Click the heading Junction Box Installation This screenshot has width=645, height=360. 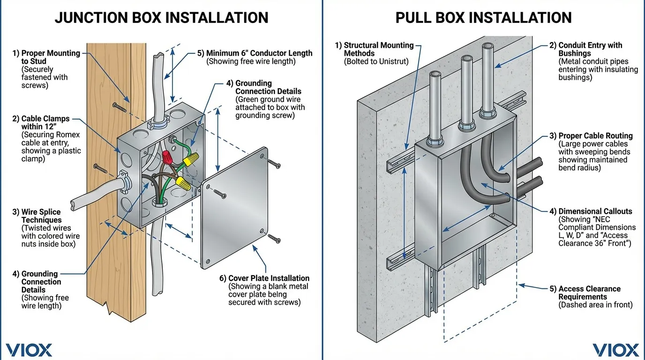[161, 17]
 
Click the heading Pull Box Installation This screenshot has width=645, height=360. [483, 17]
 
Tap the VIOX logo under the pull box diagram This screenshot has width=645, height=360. [615, 350]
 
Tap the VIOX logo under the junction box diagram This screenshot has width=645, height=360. [29, 350]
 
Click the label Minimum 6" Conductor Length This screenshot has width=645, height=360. [259, 53]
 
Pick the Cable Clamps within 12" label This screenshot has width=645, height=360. [45, 123]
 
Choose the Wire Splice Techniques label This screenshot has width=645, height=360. [41, 216]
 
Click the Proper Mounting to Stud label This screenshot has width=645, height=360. [50, 57]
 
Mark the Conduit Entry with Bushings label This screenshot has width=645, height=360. [590, 49]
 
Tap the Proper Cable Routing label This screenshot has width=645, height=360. [595, 136]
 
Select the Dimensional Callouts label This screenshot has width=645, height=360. [595, 211]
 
